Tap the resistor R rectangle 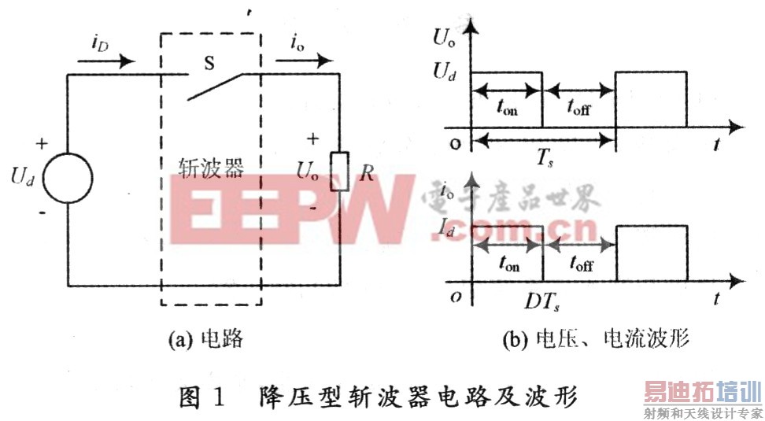pyautogui.click(x=339, y=171)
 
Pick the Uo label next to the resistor pyautogui.click(x=309, y=170)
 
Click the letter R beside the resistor pyautogui.click(x=366, y=173)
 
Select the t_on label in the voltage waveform pyautogui.click(x=507, y=109)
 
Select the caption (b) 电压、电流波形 pyautogui.click(x=595, y=340)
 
